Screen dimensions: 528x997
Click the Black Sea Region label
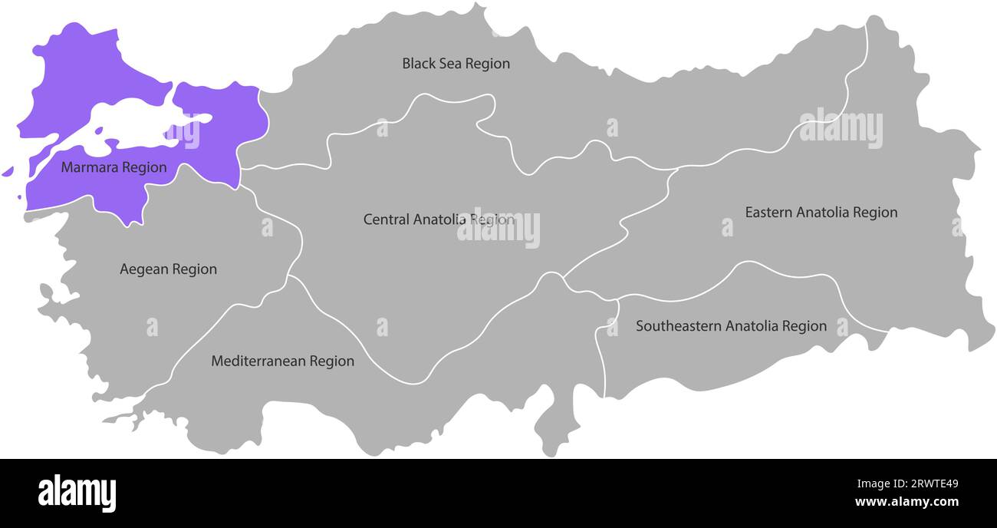click(x=456, y=64)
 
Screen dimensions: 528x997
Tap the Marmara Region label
click(x=114, y=167)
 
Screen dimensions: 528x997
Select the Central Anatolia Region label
click(x=439, y=219)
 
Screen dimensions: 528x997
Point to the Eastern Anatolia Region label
click(x=821, y=212)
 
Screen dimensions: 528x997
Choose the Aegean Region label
click(x=168, y=269)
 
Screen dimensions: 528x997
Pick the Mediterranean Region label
click(x=282, y=361)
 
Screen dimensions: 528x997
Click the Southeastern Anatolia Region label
click(x=731, y=326)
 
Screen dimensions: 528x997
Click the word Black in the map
click(x=418, y=64)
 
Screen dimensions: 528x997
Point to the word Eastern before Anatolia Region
click(x=768, y=212)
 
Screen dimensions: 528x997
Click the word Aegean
click(x=143, y=269)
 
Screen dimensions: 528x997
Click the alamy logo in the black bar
click(x=77, y=493)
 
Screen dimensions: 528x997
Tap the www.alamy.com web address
click(x=907, y=503)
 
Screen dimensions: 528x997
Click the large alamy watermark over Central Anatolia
click(x=498, y=228)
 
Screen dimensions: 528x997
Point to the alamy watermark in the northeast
click(x=841, y=129)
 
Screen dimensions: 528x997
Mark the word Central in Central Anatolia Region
click(x=386, y=219)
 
